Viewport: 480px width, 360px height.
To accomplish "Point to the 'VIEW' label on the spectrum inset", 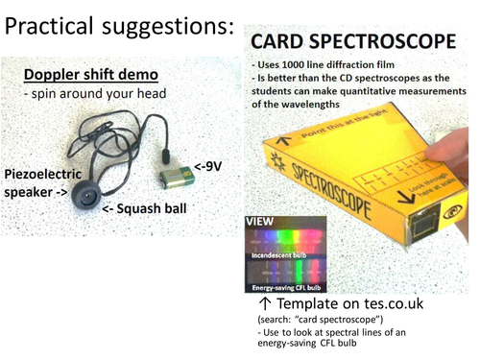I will click(x=260, y=220).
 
